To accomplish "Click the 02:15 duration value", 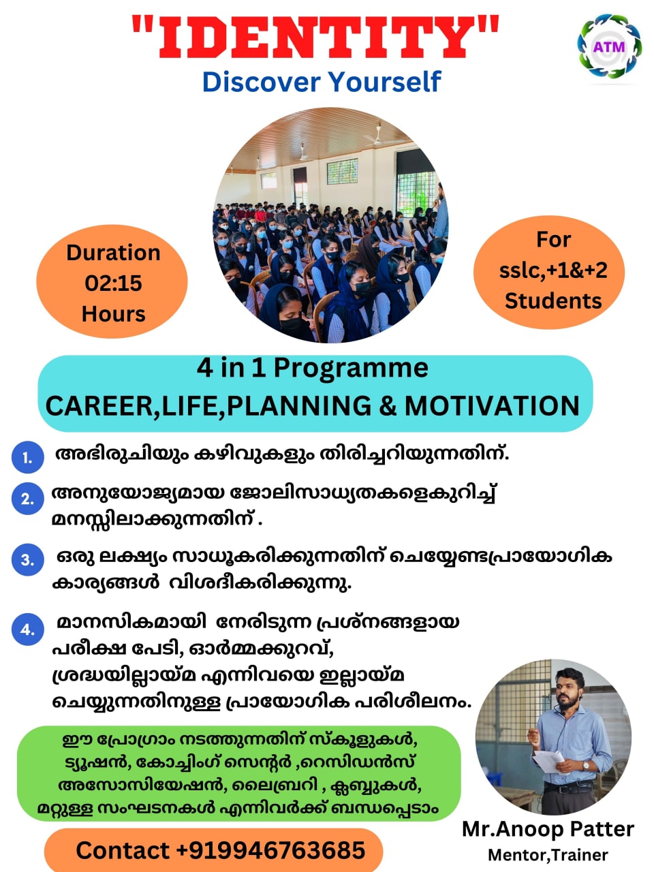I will tap(113, 283).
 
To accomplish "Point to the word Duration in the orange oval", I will tap(113, 253).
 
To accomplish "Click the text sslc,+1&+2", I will tap(552, 270).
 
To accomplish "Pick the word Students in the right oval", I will tap(553, 300).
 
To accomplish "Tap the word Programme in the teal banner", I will tap(351, 369).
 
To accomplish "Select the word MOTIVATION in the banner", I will tap(492, 406).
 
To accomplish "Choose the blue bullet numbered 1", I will tap(27, 458).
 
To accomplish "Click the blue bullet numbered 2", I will tap(27, 499).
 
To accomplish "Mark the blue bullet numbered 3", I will tap(27, 560).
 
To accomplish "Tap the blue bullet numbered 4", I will tap(27, 629).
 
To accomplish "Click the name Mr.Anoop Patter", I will tap(548, 829).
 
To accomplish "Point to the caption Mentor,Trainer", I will tap(548, 855).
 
